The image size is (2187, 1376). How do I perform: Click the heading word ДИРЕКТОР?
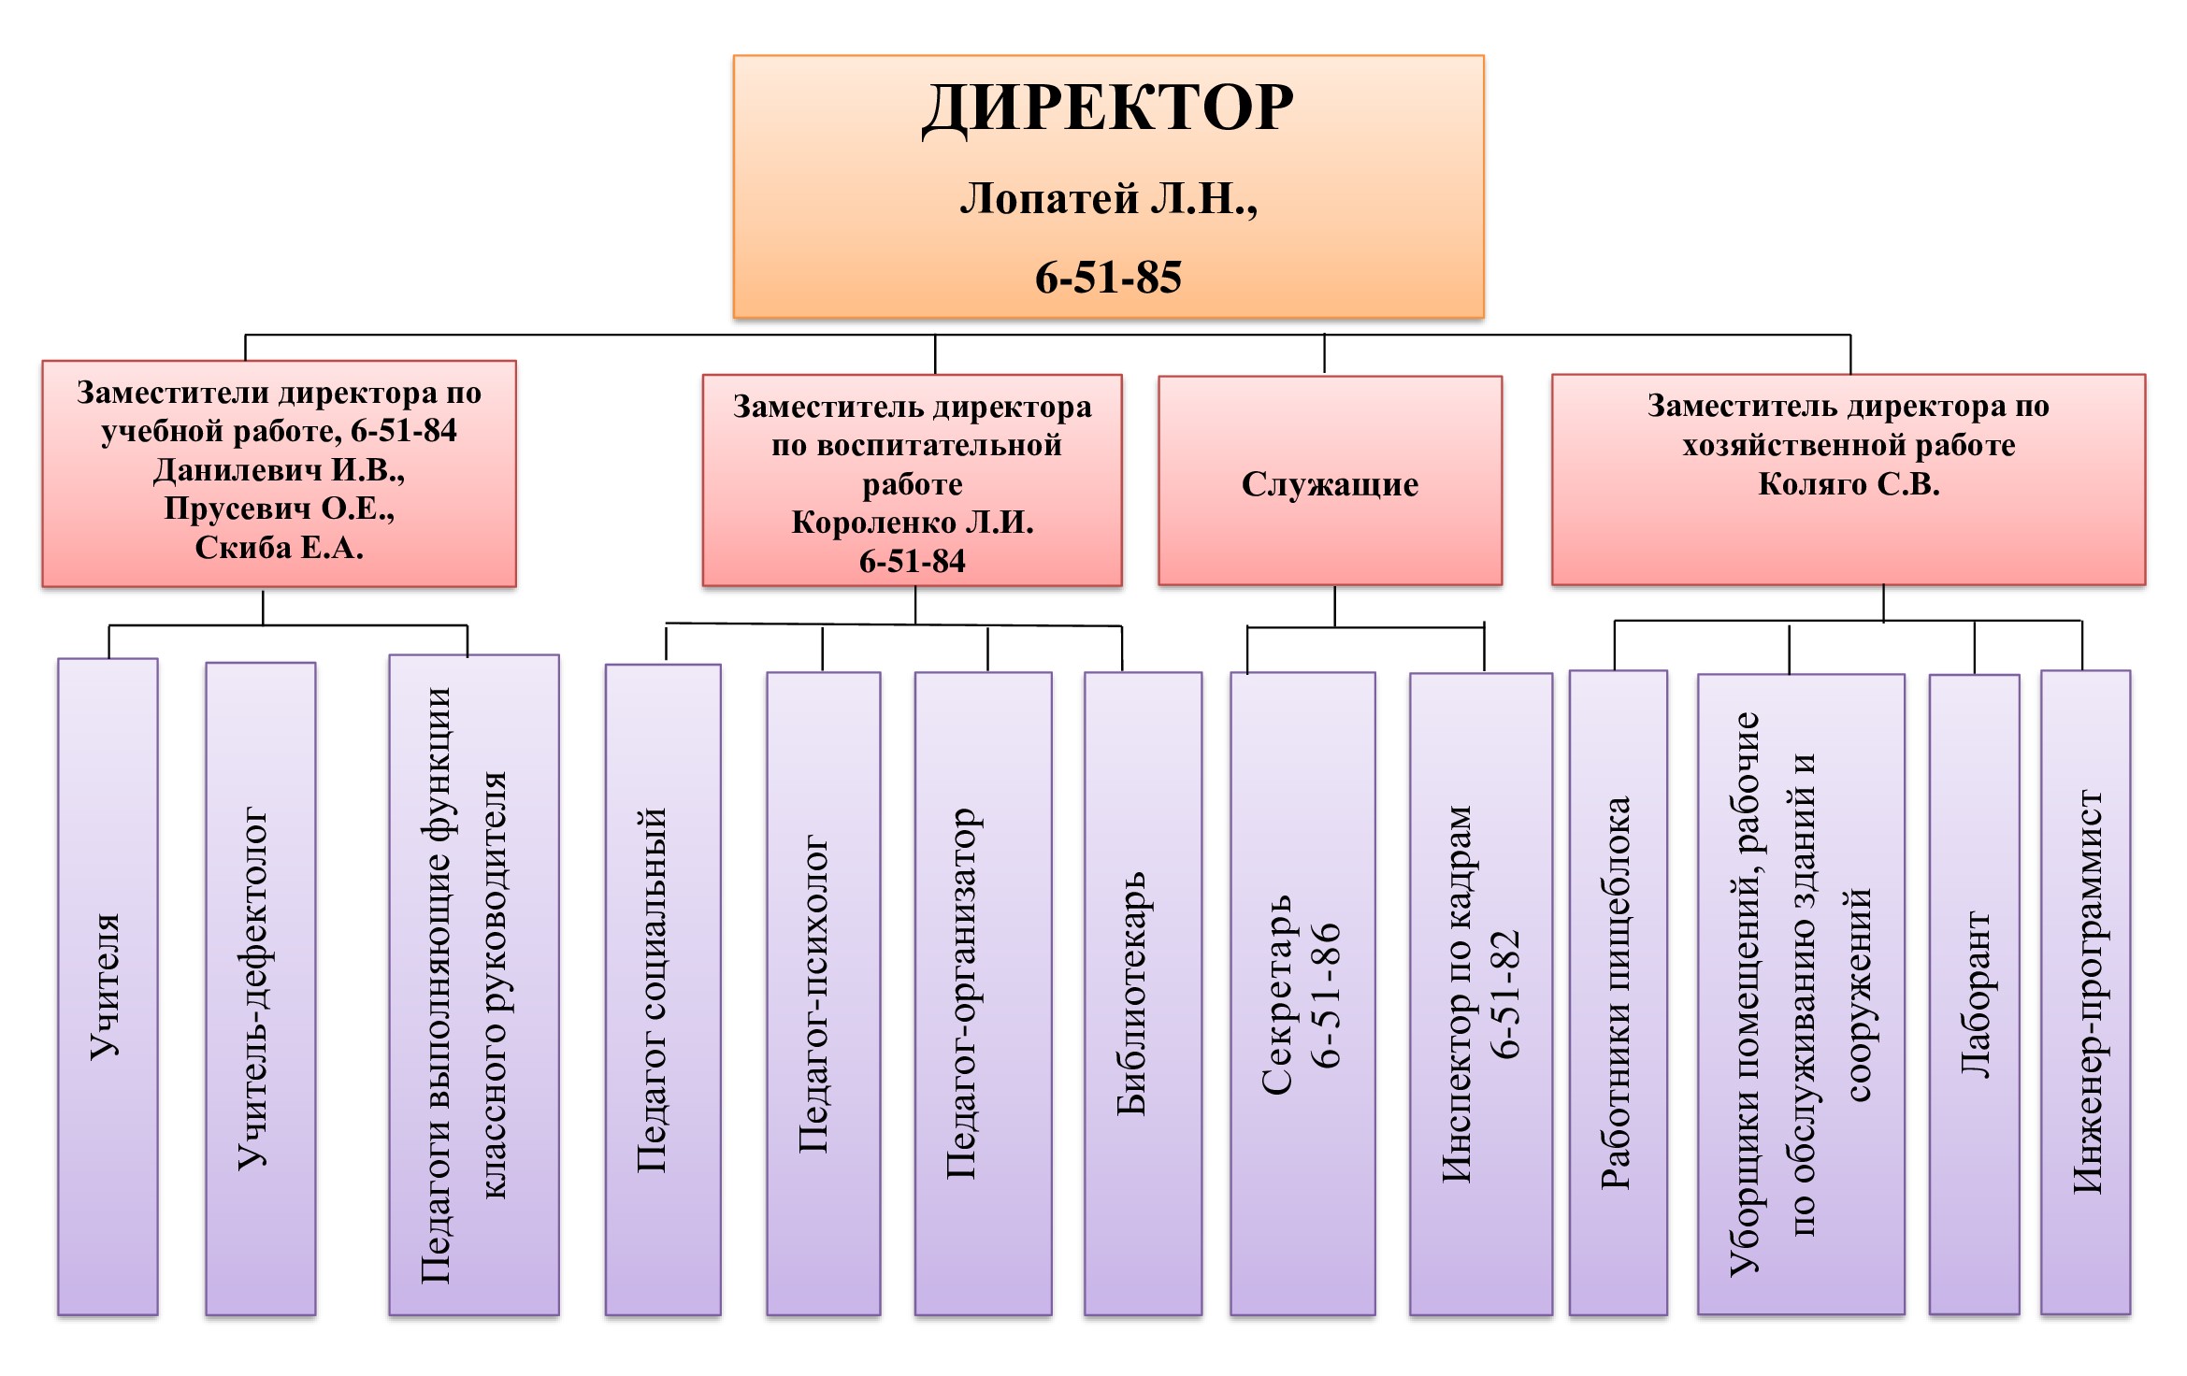pos(1108,108)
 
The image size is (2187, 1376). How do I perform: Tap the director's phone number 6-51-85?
pos(1108,278)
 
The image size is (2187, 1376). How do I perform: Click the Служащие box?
pos(1330,483)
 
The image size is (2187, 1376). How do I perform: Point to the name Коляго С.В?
pos(1849,484)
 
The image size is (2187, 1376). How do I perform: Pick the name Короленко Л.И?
pos(913,523)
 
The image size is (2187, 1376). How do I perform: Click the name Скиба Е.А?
pos(279,548)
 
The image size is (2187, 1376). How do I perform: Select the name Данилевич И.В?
pos(279,469)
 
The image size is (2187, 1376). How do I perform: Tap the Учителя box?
pos(108,986)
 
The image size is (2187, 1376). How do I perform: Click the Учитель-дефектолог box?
pos(260,988)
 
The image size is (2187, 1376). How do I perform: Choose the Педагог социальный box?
pos(663,989)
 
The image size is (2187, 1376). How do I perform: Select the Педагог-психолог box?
pos(823,993)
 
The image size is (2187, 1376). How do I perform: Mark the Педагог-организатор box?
pos(983,993)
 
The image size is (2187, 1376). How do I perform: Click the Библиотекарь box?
pos(1143,993)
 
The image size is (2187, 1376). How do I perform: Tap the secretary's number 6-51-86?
pos(1326,995)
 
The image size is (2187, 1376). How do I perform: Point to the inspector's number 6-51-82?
pos(1505,995)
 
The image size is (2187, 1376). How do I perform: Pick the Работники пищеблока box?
pos(1618,993)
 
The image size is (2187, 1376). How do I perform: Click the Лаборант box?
pos(1974,995)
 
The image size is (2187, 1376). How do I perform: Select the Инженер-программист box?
pos(2086,993)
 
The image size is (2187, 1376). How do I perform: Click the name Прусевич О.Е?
pos(279,509)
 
